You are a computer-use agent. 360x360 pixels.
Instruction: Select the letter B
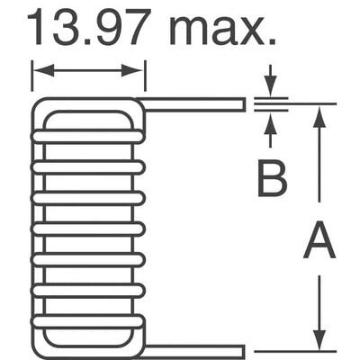(x=271, y=178)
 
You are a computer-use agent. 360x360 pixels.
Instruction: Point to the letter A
(x=319, y=242)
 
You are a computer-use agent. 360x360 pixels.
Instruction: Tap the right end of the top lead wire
(x=243, y=104)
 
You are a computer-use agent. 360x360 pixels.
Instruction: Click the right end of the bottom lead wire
(x=243, y=351)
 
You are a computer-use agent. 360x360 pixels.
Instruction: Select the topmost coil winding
(x=87, y=136)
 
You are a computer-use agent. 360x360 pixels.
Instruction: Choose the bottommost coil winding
(x=87, y=320)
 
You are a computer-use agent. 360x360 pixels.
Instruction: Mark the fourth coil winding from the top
(x=87, y=229)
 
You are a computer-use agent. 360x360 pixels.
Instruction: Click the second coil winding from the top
(x=87, y=166)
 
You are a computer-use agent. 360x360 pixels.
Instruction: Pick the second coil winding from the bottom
(x=87, y=290)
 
